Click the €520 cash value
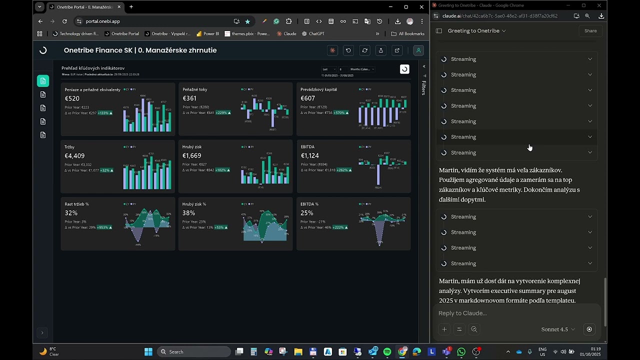(72, 98)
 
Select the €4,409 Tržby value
(74, 156)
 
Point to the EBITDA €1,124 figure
(310, 156)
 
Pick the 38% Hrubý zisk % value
(188, 213)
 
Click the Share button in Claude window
(590, 31)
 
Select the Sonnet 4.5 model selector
(557, 329)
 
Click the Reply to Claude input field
(515, 313)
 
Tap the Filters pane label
(423, 87)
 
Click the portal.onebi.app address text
(102, 21)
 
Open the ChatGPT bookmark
(313, 34)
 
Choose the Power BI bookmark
(207, 34)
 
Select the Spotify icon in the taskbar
(387, 352)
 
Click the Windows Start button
(148, 352)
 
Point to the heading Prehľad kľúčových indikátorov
(93, 68)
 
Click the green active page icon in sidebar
(43, 81)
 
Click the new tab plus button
(131, 7)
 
